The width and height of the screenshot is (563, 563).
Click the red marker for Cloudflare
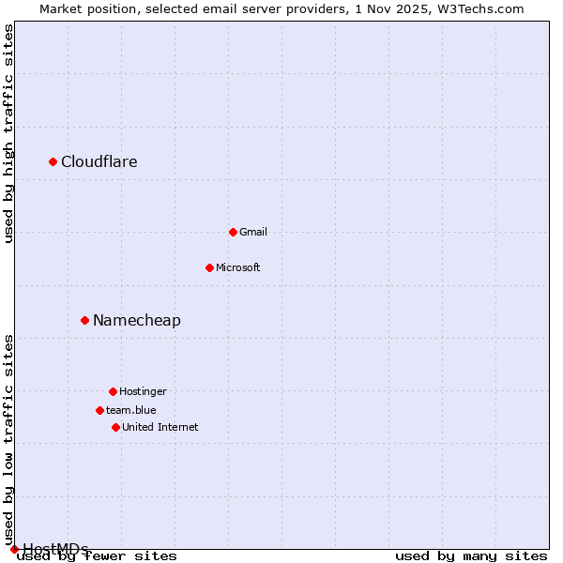(53, 162)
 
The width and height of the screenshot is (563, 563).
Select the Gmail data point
(233, 232)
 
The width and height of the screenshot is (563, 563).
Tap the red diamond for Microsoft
(209, 267)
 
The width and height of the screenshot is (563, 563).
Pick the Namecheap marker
(84, 320)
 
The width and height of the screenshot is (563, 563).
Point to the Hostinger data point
(113, 391)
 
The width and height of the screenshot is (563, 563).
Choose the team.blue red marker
(99, 410)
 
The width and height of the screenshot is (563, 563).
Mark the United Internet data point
(115, 427)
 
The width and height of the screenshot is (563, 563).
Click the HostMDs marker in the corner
(14, 549)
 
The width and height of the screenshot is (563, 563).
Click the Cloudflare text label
(99, 162)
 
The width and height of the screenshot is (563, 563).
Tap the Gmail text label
(253, 232)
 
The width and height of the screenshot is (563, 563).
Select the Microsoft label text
(238, 267)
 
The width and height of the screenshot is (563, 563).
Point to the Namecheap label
(137, 321)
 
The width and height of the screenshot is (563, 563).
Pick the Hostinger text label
(143, 391)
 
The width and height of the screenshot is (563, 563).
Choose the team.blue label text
(131, 410)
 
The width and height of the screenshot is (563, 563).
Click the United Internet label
(160, 427)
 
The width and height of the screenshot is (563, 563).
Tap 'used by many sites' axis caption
(471, 556)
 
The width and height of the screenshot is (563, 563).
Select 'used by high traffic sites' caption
(9, 133)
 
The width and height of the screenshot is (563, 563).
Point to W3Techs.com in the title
(481, 9)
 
